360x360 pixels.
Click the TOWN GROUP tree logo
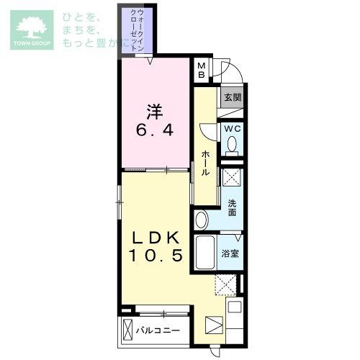pos(32,30)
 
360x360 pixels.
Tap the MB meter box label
pos(202,70)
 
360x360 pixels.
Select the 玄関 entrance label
pos(233,97)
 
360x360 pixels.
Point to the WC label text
pos(233,129)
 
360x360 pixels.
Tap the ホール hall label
pos(205,163)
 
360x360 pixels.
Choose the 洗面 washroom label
pos(232,208)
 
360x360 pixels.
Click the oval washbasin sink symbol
pos(202,220)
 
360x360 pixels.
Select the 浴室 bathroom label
pos(230,253)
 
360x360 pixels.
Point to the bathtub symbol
pos(204,253)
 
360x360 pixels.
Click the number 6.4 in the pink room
pos(155,130)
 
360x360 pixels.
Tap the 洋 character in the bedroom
pos(155,112)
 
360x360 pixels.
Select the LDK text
pos(156,238)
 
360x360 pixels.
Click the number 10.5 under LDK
pos(156,255)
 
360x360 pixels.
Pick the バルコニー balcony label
pos(158,330)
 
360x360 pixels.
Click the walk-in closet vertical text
pos(138,30)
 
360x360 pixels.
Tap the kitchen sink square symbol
pos(235,307)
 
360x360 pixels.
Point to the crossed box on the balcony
pos(127,328)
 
